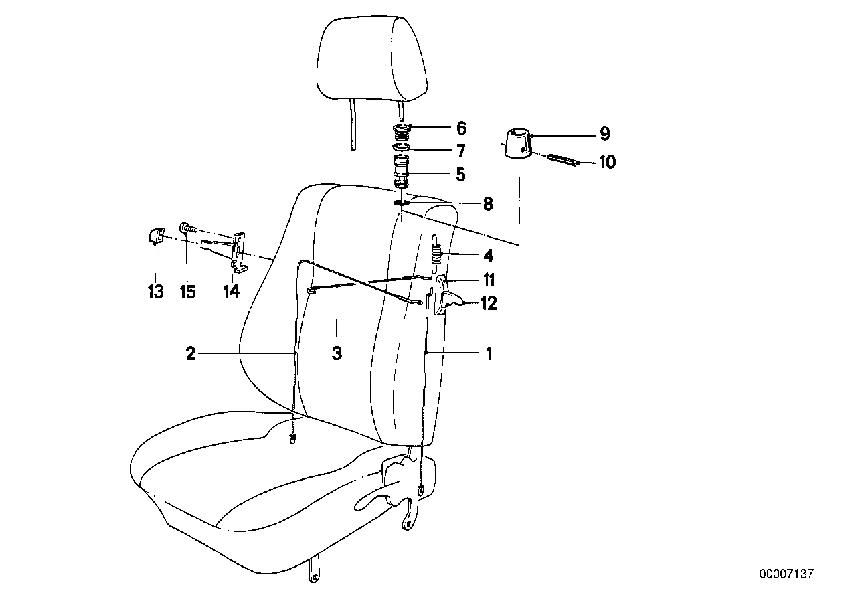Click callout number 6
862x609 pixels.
pos(461,128)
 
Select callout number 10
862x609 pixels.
pos(608,162)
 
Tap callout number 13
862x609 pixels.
pos(156,292)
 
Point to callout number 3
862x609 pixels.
pos(337,353)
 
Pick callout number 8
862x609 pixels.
pos(488,204)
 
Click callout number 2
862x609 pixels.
pos(191,353)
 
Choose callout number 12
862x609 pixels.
pos(489,304)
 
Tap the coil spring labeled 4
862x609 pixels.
pos(436,251)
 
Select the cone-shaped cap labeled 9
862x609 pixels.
pos(517,145)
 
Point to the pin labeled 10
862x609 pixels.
pos(563,160)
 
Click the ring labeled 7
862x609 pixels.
pos(402,147)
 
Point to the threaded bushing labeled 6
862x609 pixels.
pos(402,133)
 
